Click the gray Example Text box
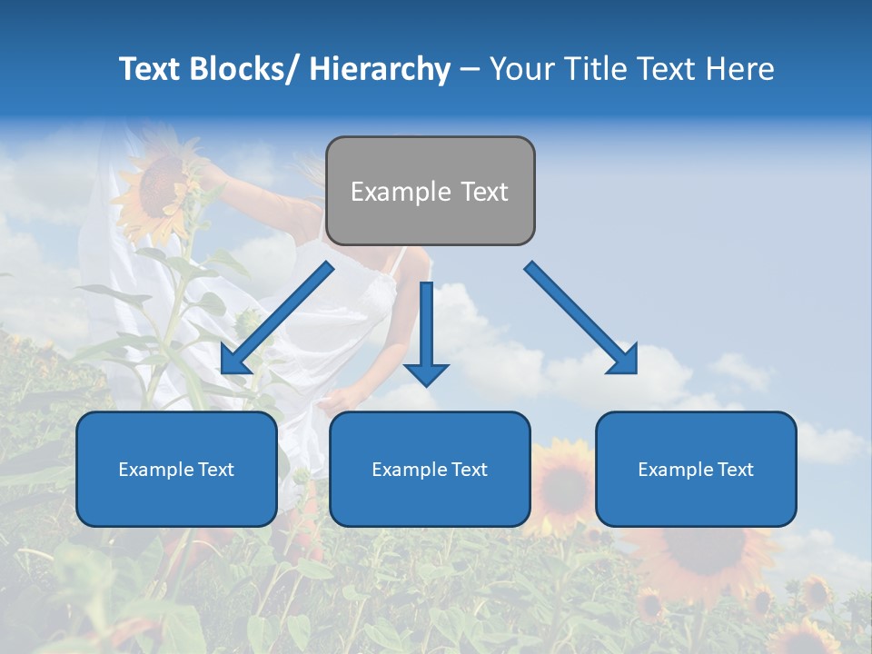(430, 191)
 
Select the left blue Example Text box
(176, 469)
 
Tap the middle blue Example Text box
(430, 469)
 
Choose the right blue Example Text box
(696, 469)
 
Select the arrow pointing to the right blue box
(581, 318)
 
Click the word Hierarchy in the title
(380, 69)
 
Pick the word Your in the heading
(520, 69)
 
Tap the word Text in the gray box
(484, 192)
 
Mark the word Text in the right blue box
(734, 470)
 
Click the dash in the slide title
(470, 69)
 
